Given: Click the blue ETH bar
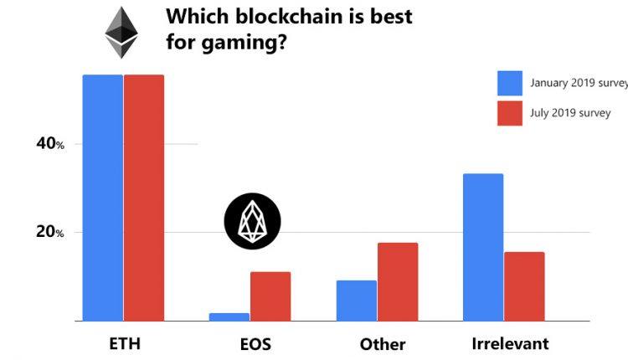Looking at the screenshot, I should (102, 198).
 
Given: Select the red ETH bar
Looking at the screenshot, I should (144, 198).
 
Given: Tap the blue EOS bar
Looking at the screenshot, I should (229, 316).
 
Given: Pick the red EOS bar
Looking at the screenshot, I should (270, 296).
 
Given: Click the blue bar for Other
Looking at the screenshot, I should (356, 301).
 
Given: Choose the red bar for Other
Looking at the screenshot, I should (398, 281).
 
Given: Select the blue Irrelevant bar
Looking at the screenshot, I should (483, 247).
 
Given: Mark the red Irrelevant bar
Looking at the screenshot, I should (524, 286).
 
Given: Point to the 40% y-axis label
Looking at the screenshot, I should (49, 144).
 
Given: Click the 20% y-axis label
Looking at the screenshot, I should (49, 232).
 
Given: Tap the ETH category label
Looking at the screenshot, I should (124, 343).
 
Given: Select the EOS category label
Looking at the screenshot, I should (250, 343).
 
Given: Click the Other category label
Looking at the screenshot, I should (383, 344).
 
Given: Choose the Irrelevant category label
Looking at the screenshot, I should (509, 343).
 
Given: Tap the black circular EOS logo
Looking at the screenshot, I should (252, 221).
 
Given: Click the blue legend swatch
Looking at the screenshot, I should (510, 83).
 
